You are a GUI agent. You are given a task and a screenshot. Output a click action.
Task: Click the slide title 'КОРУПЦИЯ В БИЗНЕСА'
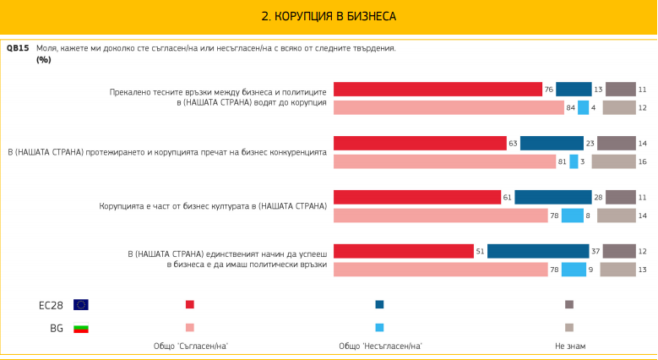pyautogui.click(x=328, y=16)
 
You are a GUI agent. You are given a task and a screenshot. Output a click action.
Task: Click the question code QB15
pyautogui.click(x=18, y=48)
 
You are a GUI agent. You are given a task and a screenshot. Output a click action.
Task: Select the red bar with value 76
pyautogui.click(x=438, y=90)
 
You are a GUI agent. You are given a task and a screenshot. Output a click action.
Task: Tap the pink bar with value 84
pyautogui.click(x=449, y=107)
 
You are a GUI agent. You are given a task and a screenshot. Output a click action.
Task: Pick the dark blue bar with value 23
pyautogui.click(x=552, y=144)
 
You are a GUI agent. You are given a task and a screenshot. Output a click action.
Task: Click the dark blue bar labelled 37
pyautogui.click(x=538, y=251)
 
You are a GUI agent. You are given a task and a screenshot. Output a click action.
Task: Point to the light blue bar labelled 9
pyautogui.click(x=574, y=270)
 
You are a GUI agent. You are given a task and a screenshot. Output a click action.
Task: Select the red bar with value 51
pyautogui.click(x=404, y=251)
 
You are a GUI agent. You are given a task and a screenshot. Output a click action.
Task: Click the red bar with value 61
pyautogui.click(x=417, y=198)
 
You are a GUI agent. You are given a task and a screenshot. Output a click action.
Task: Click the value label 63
pyautogui.click(x=513, y=144)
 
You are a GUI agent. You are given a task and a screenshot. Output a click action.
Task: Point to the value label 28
pyautogui.click(x=598, y=198)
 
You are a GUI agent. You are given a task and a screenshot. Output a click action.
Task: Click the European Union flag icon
pyautogui.click(x=81, y=304)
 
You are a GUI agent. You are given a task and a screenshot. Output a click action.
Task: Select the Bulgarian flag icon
pyautogui.click(x=81, y=328)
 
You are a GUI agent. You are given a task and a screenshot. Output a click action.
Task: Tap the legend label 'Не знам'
pyautogui.click(x=569, y=346)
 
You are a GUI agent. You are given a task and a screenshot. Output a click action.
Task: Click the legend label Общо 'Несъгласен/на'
pyautogui.click(x=380, y=346)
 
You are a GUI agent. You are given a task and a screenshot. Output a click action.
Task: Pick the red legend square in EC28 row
pyautogui.click(x=190, y=304)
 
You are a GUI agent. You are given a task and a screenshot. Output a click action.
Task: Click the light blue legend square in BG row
pyautogui.click(x=380, y=328)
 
